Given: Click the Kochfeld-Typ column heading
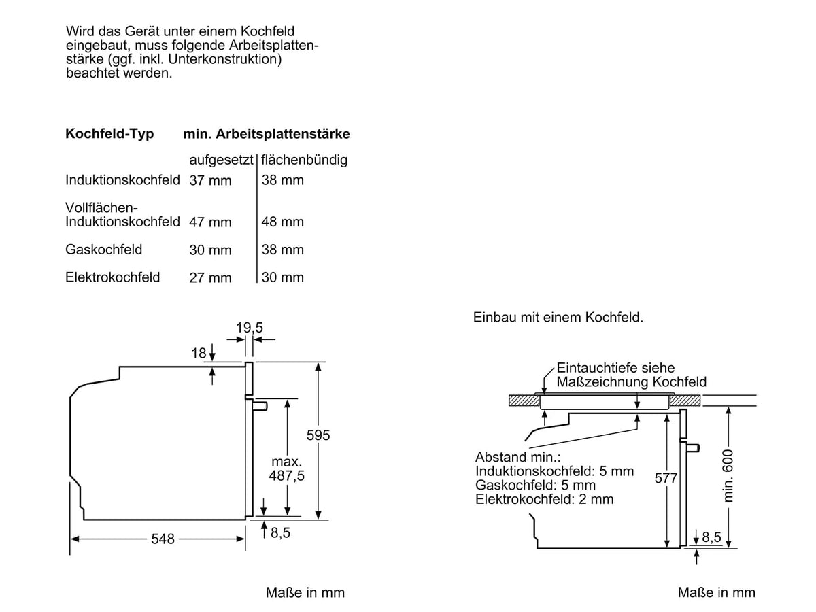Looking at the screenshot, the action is click(x=109, y=134).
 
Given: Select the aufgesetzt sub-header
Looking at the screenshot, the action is click(x=221, y=160).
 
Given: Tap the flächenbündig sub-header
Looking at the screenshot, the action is click(x=304, y=160).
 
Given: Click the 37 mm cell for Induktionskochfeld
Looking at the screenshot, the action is click(x=210, y=181).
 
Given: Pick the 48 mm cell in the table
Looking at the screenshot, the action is click(x=282, y=222).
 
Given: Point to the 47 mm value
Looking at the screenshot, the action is click(x=210, y=222).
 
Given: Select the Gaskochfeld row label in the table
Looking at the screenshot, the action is click(x=104, y=250).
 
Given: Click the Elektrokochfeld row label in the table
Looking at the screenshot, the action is click(x=113, y=277).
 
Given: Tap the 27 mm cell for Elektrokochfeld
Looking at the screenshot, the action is click(x=210, y=278).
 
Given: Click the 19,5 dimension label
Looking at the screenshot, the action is click(x=249, y=328).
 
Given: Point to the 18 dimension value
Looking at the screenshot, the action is click(x=199, y=353).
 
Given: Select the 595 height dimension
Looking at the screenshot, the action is click(x=318, y=435).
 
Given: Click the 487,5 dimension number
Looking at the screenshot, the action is click(x=287, y=475).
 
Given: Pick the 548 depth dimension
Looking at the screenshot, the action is click(x=163, y=539).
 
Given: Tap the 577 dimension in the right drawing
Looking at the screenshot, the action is click(x=666, y=478).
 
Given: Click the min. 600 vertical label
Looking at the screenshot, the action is click(x=728, y=476).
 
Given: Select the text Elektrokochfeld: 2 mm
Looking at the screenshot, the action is click(x=544, y=499).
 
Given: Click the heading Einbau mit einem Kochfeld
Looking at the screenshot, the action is click(x=558, y=318).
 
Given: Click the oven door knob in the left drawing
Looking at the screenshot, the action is click(x=260, y=405).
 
